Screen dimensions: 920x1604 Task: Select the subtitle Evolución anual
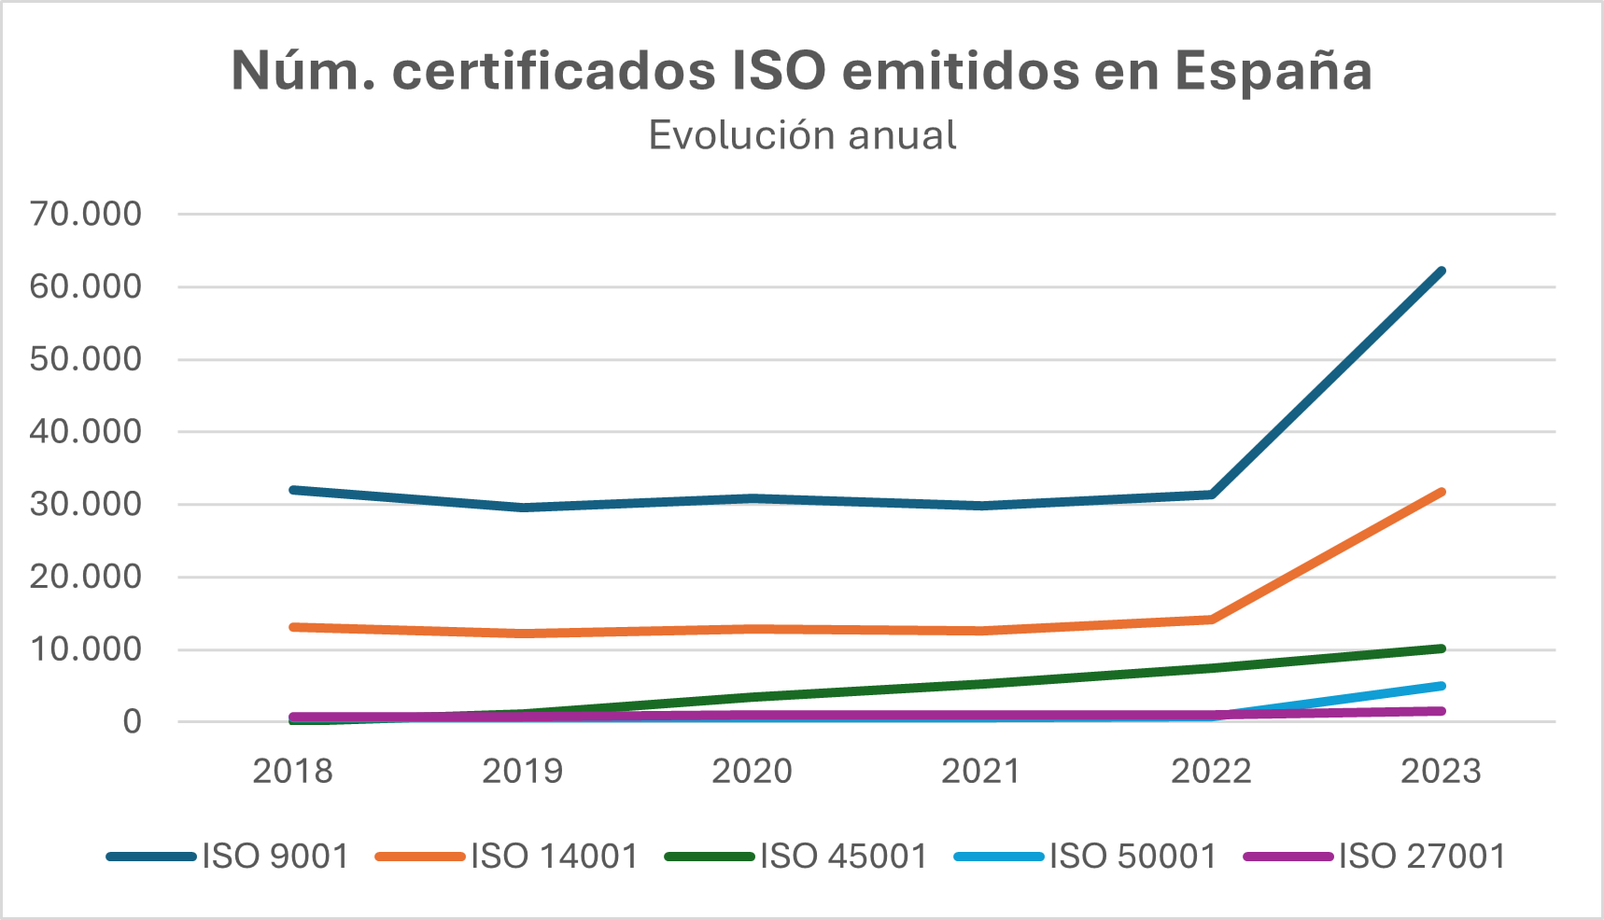coord(802,135)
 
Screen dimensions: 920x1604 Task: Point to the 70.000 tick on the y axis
coord(86,214)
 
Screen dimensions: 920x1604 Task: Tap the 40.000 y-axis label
coord(86,431)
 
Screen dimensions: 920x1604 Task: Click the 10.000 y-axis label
coord(86,648)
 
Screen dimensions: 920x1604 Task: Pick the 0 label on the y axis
coord(132,721)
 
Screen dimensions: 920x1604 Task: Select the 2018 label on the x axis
coord(292,771)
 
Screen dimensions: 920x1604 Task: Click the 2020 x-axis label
coord(752,771)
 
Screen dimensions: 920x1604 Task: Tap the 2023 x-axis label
coord(1441,771)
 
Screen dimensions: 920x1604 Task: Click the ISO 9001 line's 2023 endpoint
coord(1441,272)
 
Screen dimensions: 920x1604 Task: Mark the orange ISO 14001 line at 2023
coord(1441,492)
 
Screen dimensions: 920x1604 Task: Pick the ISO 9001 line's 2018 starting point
coord(293,490)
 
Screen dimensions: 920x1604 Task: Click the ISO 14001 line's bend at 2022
coord(1211,619)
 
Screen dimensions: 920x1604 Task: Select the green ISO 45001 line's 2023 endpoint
coord(1441,648)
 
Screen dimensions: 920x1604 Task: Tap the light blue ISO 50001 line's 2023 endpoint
coord(1441,687)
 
